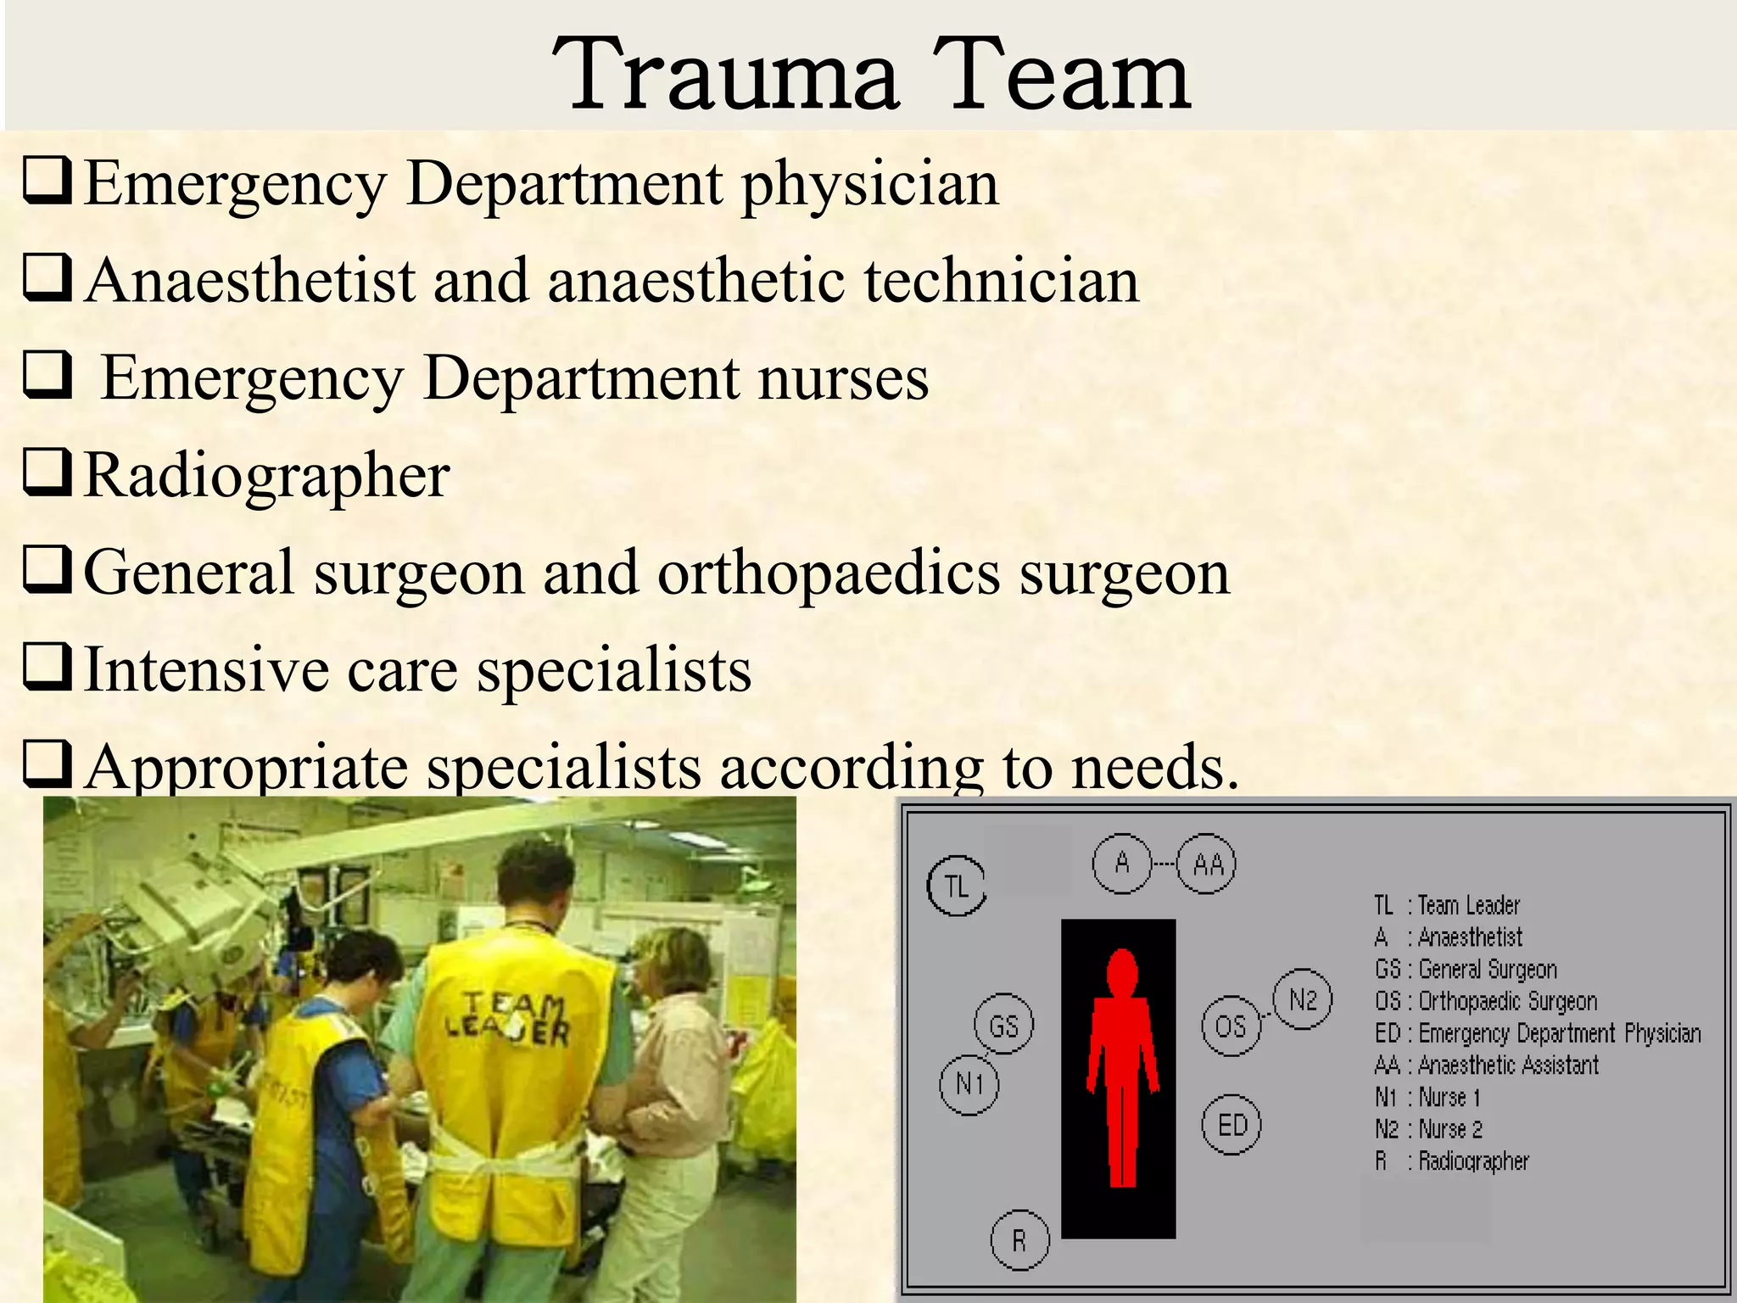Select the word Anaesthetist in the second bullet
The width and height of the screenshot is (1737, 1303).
click(x=251, y=281)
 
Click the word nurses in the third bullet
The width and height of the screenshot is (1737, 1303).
click(x=843, y=378)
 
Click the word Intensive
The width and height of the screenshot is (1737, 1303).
click(x=206, y=670)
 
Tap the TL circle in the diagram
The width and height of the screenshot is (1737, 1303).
click(x=957, y=886)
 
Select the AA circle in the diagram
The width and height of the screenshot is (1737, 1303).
click(x=1208, y=864)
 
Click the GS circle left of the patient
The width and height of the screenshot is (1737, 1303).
click(x=1003, y=1026)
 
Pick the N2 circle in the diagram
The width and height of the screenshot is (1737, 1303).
click(x=1303, y=1000)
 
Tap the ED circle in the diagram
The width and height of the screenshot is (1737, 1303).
click(x=1232, y=1126)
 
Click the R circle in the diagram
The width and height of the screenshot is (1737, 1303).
click(x=1019, y=1241)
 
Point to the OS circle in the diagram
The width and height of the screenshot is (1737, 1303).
click(x=1231, y=1027)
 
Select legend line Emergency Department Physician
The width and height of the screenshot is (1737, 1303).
click(x=1537, y=1033)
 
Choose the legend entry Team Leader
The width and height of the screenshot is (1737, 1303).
click(x=1447, y=906)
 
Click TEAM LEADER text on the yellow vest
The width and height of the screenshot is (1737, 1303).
click(x=507, y=1018)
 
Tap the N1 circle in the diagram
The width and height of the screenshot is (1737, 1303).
click(x=969, y=1084)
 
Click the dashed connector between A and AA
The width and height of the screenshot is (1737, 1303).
click(x=1165, y=864)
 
